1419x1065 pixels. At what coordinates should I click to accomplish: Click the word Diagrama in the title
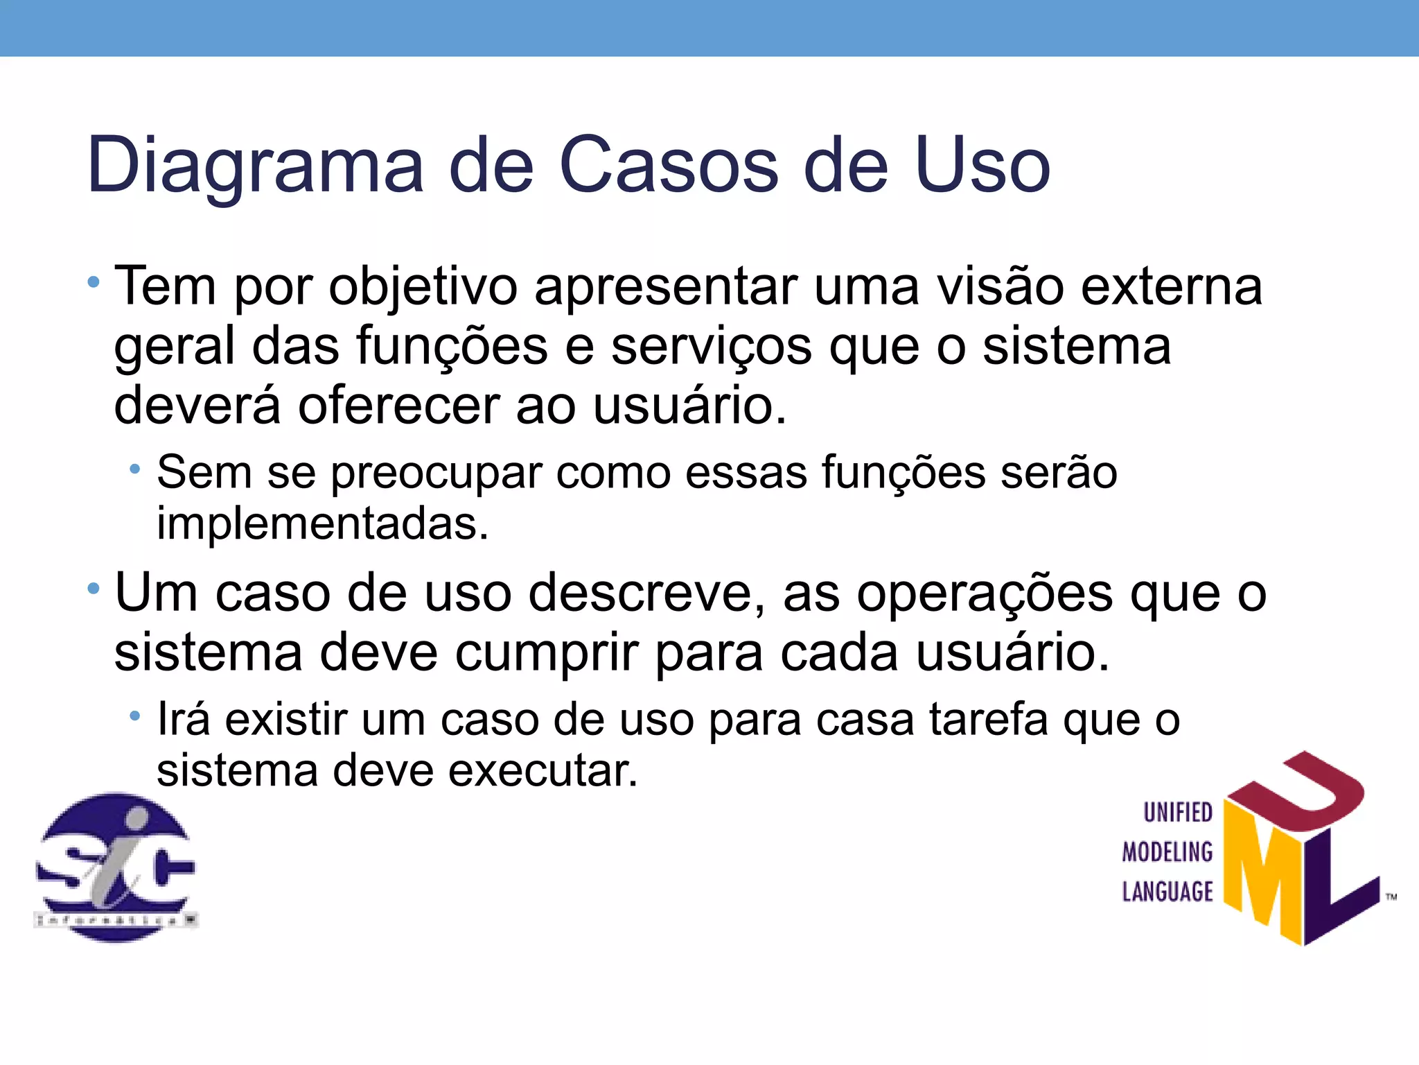click(255, 166)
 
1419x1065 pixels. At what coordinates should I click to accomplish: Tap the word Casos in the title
click(669, 166)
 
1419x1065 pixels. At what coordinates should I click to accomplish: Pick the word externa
click(1172, 286)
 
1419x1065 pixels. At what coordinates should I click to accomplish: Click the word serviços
click(711, 347)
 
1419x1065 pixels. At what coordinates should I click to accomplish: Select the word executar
click(543, 771)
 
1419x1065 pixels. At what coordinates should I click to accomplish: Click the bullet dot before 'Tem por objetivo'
click(94, 282)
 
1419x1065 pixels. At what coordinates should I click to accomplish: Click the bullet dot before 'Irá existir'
click(135, 715)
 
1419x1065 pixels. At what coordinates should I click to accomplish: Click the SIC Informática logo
click(116, 867)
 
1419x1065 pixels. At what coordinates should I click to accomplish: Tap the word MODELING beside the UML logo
click(1167, 852)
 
